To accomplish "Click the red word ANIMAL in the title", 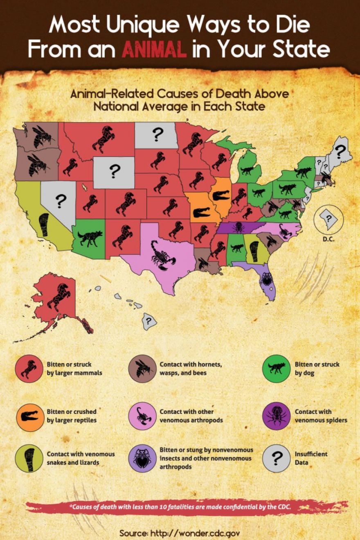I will click(154, 50).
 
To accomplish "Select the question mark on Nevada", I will click(61, 200).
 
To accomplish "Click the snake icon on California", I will click(44, 225).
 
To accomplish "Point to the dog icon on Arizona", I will click(89, 238).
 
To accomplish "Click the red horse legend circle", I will click(29, 369).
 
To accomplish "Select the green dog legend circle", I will click(276, 369).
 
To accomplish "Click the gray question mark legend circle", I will click(276, 458).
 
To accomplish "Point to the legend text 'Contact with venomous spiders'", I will click(321, 416).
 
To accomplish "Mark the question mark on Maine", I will click(339, 152).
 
